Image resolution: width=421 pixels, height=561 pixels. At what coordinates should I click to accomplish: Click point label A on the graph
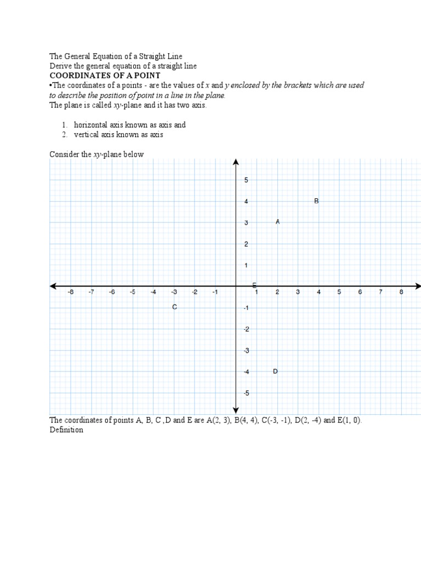(x=278, y=222)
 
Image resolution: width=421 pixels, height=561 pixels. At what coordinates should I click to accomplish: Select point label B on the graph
(x=316, y=201)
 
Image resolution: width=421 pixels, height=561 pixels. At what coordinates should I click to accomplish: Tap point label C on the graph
(x=174, y=307)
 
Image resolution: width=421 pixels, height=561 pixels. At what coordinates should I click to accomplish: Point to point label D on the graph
(x=275, y=371)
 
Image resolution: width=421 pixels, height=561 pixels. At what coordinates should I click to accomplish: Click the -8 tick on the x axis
(x=70, y=293)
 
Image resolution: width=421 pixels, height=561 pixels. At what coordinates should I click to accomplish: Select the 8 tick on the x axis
(x=401, y=293)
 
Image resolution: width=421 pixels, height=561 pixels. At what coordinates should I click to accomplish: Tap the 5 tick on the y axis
(x=246, y=180)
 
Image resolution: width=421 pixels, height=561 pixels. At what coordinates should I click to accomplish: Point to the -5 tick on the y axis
(x=246, y=393)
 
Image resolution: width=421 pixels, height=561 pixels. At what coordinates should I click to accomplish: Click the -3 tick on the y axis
(x=246, y=351)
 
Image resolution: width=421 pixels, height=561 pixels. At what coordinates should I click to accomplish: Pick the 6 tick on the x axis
(x=360, y=293)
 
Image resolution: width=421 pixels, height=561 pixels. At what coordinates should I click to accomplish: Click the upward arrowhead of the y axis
(x=236, y=162)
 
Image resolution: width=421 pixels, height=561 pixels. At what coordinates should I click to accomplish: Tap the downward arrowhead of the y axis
(x=236, y=410)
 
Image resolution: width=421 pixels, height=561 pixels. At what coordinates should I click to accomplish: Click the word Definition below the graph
(x=66, y=430)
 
